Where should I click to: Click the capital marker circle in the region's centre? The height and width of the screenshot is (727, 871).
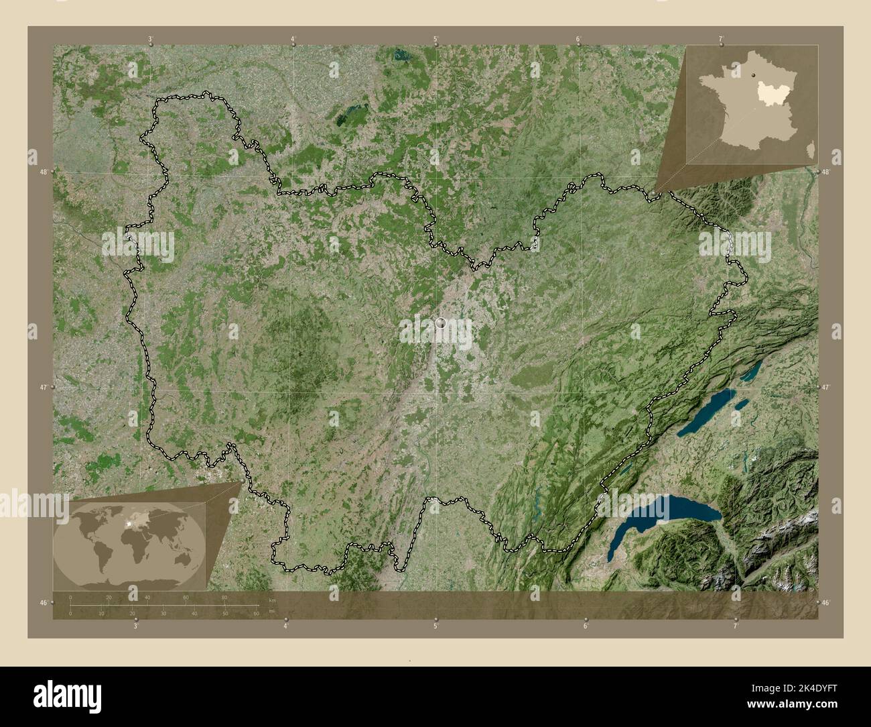pos(440,323)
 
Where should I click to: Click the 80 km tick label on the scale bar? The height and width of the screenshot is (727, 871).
pos(224,597)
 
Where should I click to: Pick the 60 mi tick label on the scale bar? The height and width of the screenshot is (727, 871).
pos(256,613)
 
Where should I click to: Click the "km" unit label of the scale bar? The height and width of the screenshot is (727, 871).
pos(271,599)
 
